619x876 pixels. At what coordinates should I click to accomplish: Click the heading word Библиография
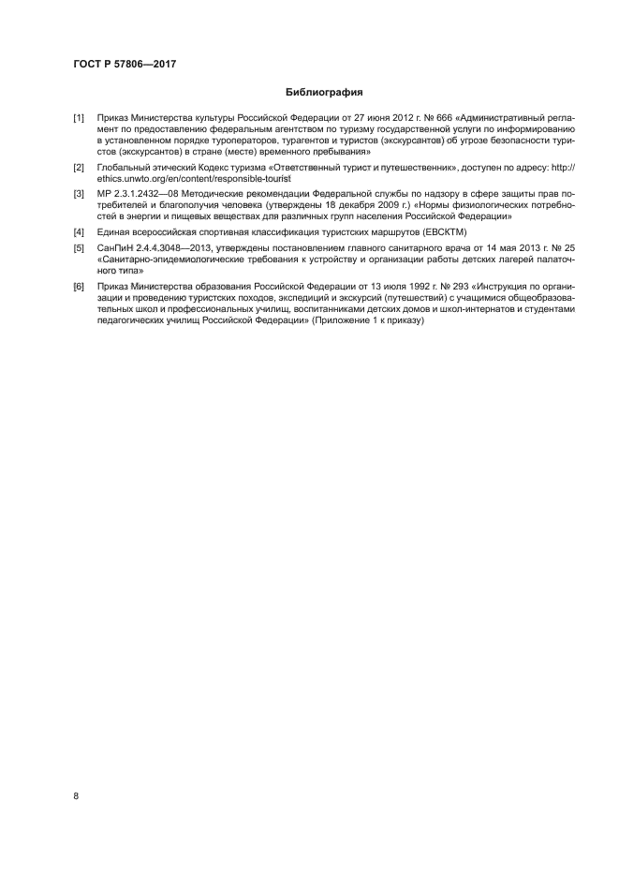[x=323, y=93]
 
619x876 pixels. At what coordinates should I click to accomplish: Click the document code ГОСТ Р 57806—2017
[x=125, y=63]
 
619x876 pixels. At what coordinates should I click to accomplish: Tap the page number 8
[x=76, y=795]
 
